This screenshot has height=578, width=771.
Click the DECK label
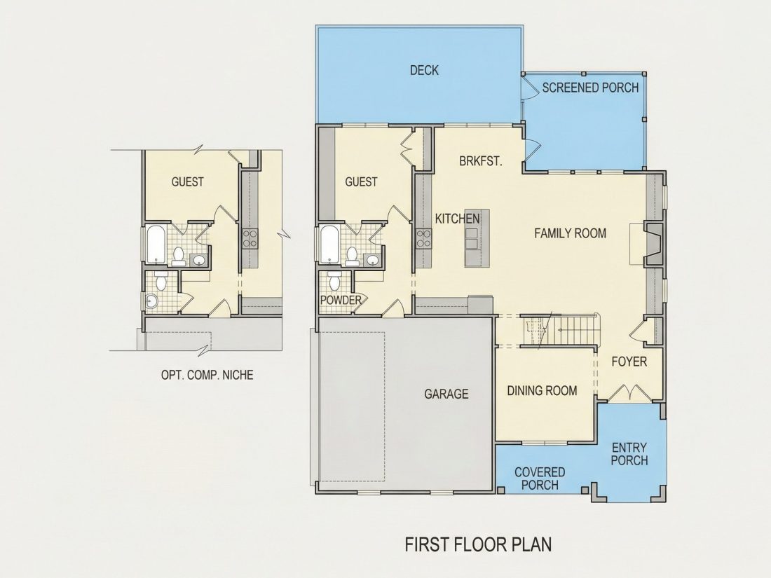tap(424, 70)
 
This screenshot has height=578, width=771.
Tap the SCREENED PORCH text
tap(590, 88)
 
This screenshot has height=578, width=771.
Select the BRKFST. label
tap(480, 161)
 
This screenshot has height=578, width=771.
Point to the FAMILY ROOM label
tap(571, 233)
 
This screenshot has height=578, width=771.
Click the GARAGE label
tap(446, 394)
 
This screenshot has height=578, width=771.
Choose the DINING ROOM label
tap(542, 391)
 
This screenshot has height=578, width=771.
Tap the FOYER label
tap(629, 362)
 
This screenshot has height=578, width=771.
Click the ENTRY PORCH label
tap(629, 454)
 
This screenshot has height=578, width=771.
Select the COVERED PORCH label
tap(540, 479)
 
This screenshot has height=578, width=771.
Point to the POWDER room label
tap(341, 300)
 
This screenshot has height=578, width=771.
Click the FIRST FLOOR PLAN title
tap(478, 544)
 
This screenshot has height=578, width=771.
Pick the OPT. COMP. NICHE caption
tap(207, 375)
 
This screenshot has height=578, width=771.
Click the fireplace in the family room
tap(654, 244)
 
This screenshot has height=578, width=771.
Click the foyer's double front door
tap(629, 393)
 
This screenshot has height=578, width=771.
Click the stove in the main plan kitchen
tap(423, 238)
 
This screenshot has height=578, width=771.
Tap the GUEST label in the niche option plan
tap(187, 182)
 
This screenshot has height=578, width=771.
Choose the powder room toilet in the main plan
tap(335, 282)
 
